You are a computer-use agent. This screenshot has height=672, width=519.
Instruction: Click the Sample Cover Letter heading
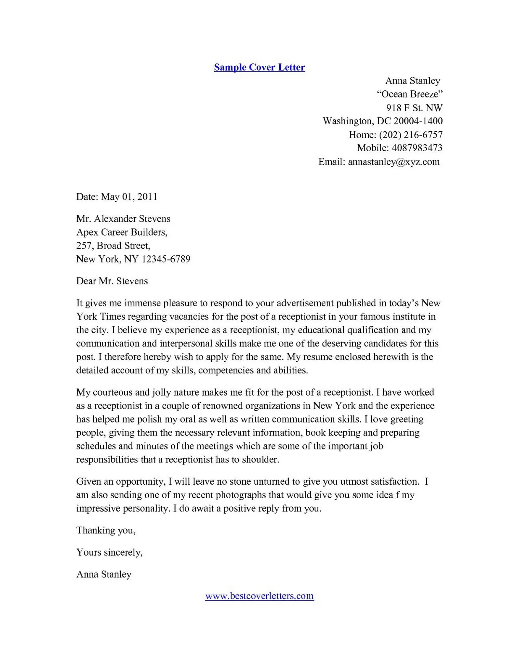pyautogui.click(x=259, y=67)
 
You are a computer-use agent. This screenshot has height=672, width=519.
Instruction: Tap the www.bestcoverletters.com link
pyautogui.click(x=259, y=596)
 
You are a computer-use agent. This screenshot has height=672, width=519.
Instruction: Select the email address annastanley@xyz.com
pyautogui.click(x=393, y=162)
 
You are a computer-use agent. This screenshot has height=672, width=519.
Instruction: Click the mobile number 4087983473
pyautogui.click(x=417, y=148)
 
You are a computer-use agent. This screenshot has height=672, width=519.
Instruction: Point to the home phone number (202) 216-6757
pyautogui.click(x=411, y=134)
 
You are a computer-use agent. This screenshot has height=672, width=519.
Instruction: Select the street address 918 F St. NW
pyautogui.click(x=414, y=108)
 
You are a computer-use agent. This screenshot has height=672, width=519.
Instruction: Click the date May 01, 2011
pyautogui.click(x=129, y=197)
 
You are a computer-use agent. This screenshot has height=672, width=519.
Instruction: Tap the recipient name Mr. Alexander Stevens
pyautogui.click(x=123, y=218)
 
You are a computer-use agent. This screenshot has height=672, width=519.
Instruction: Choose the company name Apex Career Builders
pyautogui.click(x=121, y=232)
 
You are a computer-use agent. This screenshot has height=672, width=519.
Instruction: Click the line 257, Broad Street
pyautogui.click(x=113, y=245)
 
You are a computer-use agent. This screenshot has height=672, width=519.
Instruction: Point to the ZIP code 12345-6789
pyautogui.click(x=165, y=259)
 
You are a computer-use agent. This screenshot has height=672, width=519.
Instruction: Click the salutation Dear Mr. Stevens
pyautogui.click(x=112, y=281)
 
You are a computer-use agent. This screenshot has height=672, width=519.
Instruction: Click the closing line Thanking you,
pyautogui.click(x=106, y=530)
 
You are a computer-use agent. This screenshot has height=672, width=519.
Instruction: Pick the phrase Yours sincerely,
pyautogui.click(x=109, y=552)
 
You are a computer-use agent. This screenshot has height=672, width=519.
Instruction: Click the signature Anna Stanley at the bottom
pyautogui.click(x=104, y=574)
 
